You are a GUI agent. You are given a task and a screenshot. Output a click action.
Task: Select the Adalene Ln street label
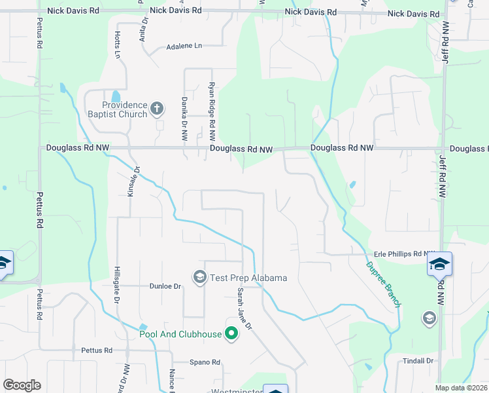tap(185, 47)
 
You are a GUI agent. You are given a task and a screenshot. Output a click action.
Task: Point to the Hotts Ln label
tap(118, 45)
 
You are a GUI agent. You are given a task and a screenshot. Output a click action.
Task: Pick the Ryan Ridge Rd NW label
tap(212, 111)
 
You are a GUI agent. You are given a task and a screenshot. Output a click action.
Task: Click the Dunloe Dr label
tap(165, 286)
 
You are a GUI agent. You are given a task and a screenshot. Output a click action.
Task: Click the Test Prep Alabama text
tap(248, 278)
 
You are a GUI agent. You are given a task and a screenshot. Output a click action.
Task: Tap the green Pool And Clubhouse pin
tap(231, 334)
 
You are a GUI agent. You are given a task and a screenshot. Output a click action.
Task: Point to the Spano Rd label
tap(205, 362)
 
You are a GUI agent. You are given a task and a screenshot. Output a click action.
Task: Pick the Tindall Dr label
tap(418, 361)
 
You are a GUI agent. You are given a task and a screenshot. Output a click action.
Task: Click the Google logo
tap(22, 385)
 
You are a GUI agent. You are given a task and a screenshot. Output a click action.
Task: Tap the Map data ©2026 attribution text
tap(461, 388)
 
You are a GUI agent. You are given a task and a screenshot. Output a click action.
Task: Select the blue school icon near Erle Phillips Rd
tap(440, 264)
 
